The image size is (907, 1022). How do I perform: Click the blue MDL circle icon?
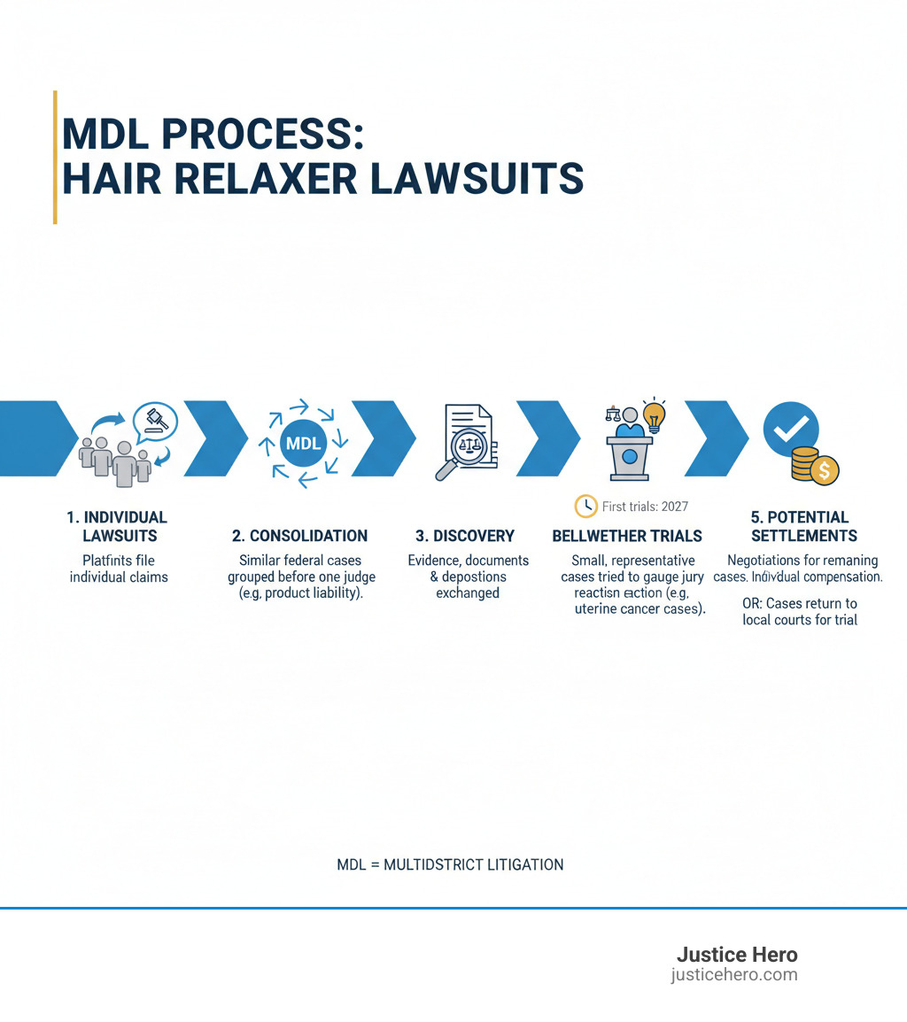pyautogui.click(x=303, y=443)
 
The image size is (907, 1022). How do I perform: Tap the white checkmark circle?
pyautogui.click(x=790, y=430)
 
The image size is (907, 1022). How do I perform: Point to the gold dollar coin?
pyautogui.click(x=825, y=471)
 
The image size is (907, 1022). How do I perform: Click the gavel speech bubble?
pyautogui.click(x=155, y=420)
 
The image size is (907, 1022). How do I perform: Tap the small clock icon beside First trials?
pyautogui.click(x=585, y=506)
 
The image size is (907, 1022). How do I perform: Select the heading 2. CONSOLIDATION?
pyautogui.click(x=299, y=536)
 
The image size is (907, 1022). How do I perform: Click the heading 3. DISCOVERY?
pyautogui.click(x=465, y=536)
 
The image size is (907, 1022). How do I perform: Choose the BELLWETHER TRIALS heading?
pyautogui.click(x=627, y=536)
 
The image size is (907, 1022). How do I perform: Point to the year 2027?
pyautogui.click(x=671, y=507)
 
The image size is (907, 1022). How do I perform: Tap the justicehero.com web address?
pyautogui.click(x=733, y=975)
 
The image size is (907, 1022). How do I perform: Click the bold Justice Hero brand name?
pyautogui.click(x=736, y=955)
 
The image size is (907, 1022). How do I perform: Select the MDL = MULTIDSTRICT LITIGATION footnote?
pyautogui.click(x=450, y=864)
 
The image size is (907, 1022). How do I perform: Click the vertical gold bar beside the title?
pyautogui.click(x=55, y=157)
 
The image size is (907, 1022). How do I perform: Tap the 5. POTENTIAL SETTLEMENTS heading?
pyautogui.click(x=803, y=526)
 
